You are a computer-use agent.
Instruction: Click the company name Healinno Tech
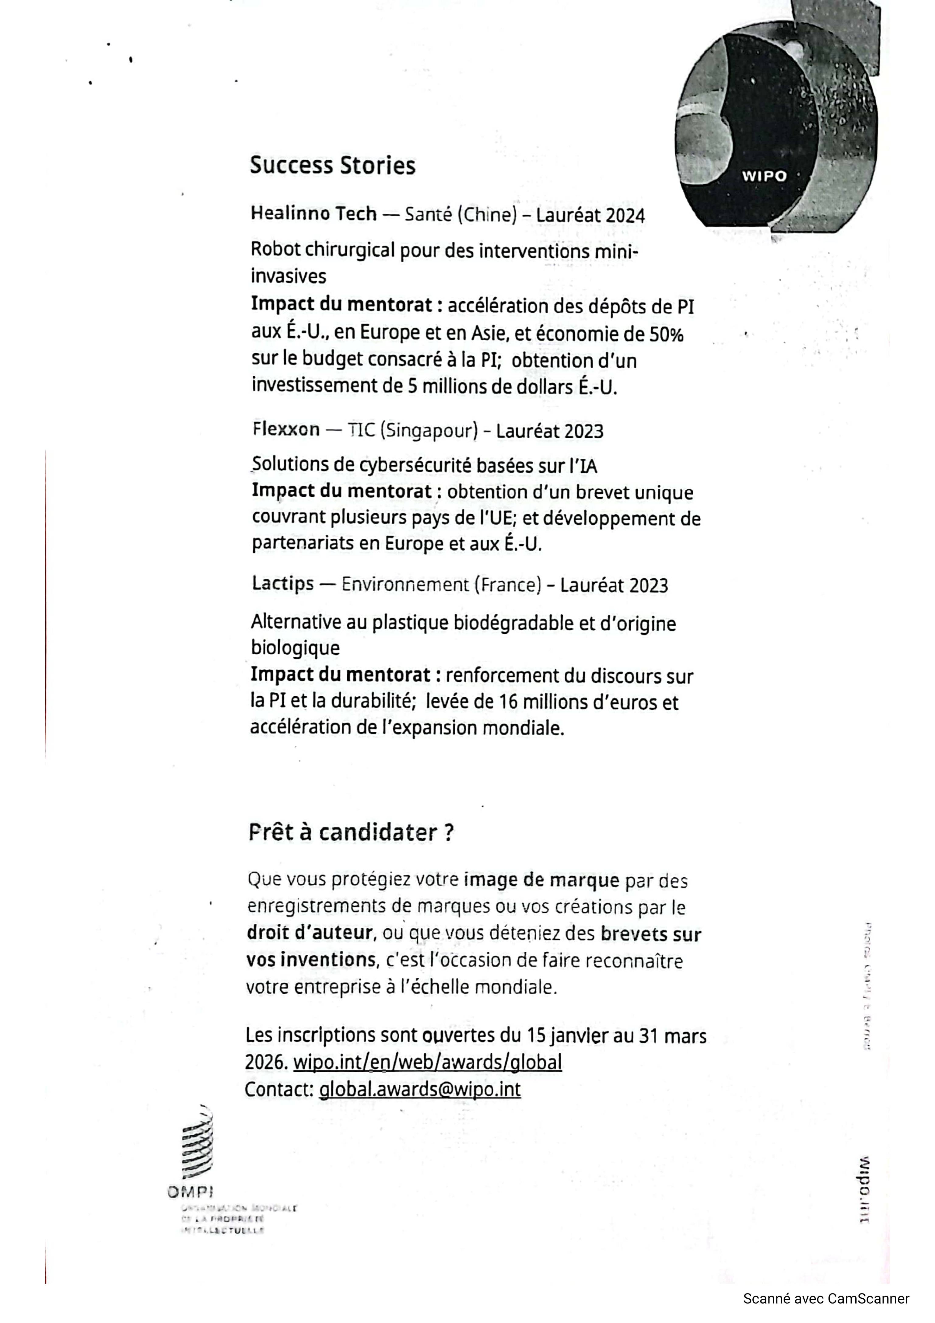[x=313, y=214]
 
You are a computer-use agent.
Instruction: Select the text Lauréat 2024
[x=590, y=215]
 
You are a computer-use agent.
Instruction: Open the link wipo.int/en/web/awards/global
[x=427, y=1061]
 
